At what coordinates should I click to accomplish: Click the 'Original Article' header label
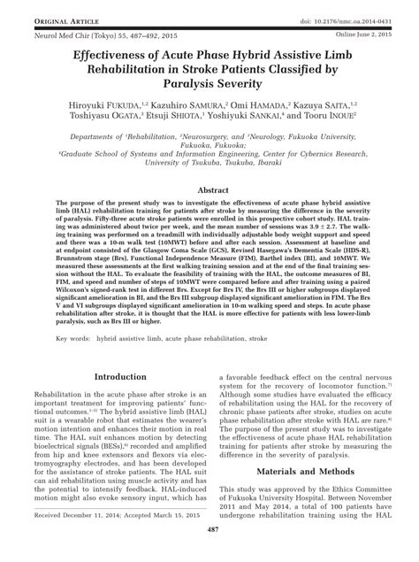tap(45, 8)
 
